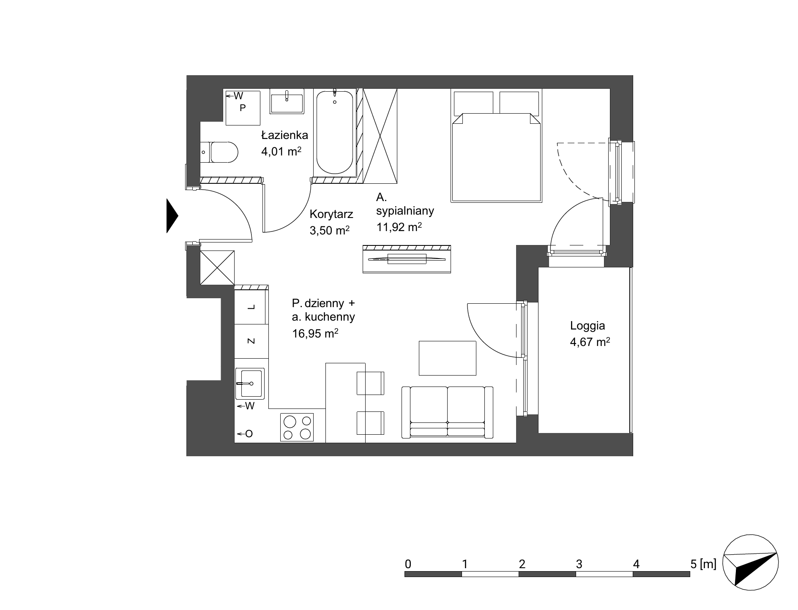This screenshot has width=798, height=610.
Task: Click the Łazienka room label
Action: [x=284, y=135]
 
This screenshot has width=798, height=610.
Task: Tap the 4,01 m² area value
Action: [x=281, y=151]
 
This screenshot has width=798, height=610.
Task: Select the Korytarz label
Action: [x=331, y=214]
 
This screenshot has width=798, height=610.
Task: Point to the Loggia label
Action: [x=588, y=326]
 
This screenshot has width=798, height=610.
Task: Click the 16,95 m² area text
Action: [x=315, y=334]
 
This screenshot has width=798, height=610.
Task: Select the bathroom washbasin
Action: [x=287, y=101]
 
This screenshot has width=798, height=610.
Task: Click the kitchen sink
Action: [x=250, y=383]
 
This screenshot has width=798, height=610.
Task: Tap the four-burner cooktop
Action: [x=297, y=427]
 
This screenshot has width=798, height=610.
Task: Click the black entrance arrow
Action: [x=172, y=215]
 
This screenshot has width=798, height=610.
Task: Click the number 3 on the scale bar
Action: [x=579, y=564]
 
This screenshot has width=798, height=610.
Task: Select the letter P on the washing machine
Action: [x=243, y=108]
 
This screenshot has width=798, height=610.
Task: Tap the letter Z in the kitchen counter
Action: [x=251, y=341]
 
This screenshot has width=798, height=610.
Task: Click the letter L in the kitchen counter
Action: [x=251, y=307]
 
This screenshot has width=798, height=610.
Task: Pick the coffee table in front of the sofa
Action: [x=448, y=358]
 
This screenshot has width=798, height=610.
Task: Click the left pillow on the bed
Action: [x=474, y=103]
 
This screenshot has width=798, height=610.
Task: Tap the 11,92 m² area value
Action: [x=399, y=227]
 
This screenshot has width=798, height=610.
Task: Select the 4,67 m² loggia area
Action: [x=590, y=342]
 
